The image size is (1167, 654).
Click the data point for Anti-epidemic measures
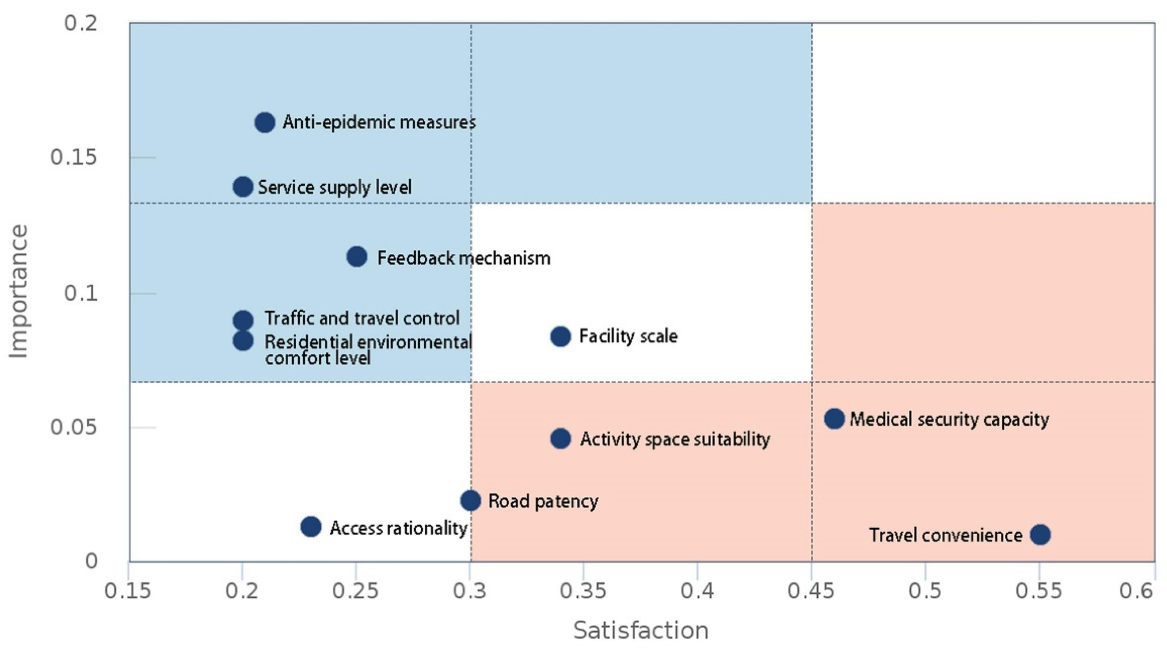[265, 122]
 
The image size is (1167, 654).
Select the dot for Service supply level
[242, 186]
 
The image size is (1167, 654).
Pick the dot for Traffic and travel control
[243, 320]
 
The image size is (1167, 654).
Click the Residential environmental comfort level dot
[243, 341]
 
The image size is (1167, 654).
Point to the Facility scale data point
[561, 336]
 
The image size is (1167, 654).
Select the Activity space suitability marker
[561, 438]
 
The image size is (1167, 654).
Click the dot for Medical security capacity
[834, 418]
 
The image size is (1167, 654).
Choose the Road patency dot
[471, 500]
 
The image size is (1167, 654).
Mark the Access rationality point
[311, 527]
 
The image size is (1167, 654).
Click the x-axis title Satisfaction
[641, 630]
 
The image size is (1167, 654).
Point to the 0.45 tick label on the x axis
[811, 591]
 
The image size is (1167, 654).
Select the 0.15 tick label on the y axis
[74, 157]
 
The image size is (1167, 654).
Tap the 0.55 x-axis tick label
[1039, 591]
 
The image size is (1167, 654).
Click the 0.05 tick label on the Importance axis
[74, 427]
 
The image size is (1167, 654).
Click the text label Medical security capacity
[949, 419]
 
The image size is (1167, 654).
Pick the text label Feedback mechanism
[464, 258]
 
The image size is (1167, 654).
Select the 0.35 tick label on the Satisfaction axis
[583, 591]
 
